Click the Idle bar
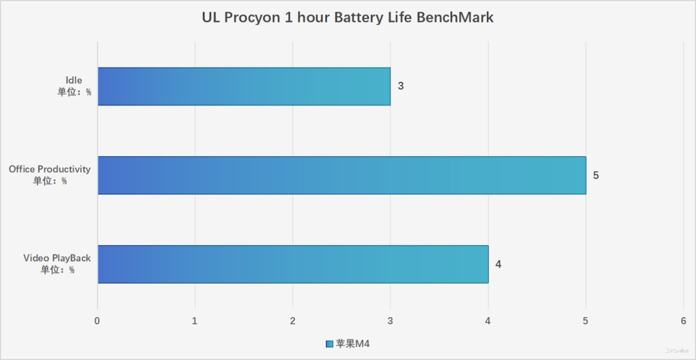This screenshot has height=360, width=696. click(x=244, y=86)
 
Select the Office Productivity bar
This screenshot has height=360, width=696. click(x=342, y=175)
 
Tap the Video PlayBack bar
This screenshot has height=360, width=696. click(x=293, y=264)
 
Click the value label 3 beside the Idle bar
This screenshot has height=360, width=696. click(x=401, y=86)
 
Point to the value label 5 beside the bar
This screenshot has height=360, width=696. click(x=596, y=175)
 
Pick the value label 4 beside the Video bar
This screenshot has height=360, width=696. click(x=498, y=264)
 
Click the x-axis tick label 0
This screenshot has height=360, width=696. click(x=97, y=321)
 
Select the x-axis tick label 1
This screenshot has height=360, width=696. click(x=195, y=321)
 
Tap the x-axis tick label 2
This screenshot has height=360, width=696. click(x=293, y=321)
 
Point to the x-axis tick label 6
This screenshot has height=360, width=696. click(x=683, y=321)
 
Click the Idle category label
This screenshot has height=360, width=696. click(x=74, y=80)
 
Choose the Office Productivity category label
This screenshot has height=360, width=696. click(x=49, y=169)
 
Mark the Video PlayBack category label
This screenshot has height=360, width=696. click(x=57, y=258)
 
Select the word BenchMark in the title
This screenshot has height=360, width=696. click(x=455, y=18)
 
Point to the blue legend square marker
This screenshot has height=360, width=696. click(x=329, y=344)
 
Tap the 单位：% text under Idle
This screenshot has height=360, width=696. click(x=74, y=92)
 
